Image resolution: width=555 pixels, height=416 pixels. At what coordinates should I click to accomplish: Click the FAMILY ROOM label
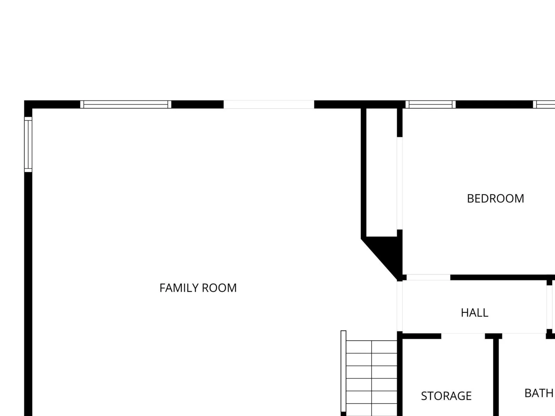(x=198, y=288)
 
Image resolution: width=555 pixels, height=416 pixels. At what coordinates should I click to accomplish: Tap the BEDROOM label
(x=495, y=199)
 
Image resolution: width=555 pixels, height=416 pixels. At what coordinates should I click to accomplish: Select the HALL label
(x=474, y=313)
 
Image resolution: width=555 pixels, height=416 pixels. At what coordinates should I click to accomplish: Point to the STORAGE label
(x=446, y=396)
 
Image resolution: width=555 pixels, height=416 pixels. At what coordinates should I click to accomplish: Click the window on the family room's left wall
(x=28, y=145)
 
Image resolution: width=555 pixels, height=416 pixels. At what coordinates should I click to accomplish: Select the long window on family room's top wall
(x=126, y=104)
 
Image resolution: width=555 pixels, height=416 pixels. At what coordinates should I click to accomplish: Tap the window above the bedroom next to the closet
(x=430, y=104)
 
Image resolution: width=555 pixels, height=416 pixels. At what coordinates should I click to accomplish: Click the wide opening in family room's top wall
(x=269, y=104)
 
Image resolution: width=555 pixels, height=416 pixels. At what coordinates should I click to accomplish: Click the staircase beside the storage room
(x=372, y=378)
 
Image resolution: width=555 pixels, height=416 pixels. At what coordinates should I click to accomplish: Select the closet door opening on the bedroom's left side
(x=400, y=183)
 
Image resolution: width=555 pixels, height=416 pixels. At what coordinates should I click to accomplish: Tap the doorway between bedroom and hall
(x=428, y=277)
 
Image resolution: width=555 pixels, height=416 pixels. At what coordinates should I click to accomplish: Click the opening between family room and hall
(x=400, y=306)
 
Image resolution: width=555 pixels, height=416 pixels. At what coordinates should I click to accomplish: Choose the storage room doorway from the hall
(x=463, y=336)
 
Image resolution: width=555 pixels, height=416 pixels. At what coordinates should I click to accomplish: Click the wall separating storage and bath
(x=496, y=376)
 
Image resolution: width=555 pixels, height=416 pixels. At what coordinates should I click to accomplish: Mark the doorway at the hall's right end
(x=549, y=307)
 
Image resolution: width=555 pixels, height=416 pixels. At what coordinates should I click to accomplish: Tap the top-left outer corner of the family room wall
(x=24, y=101)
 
